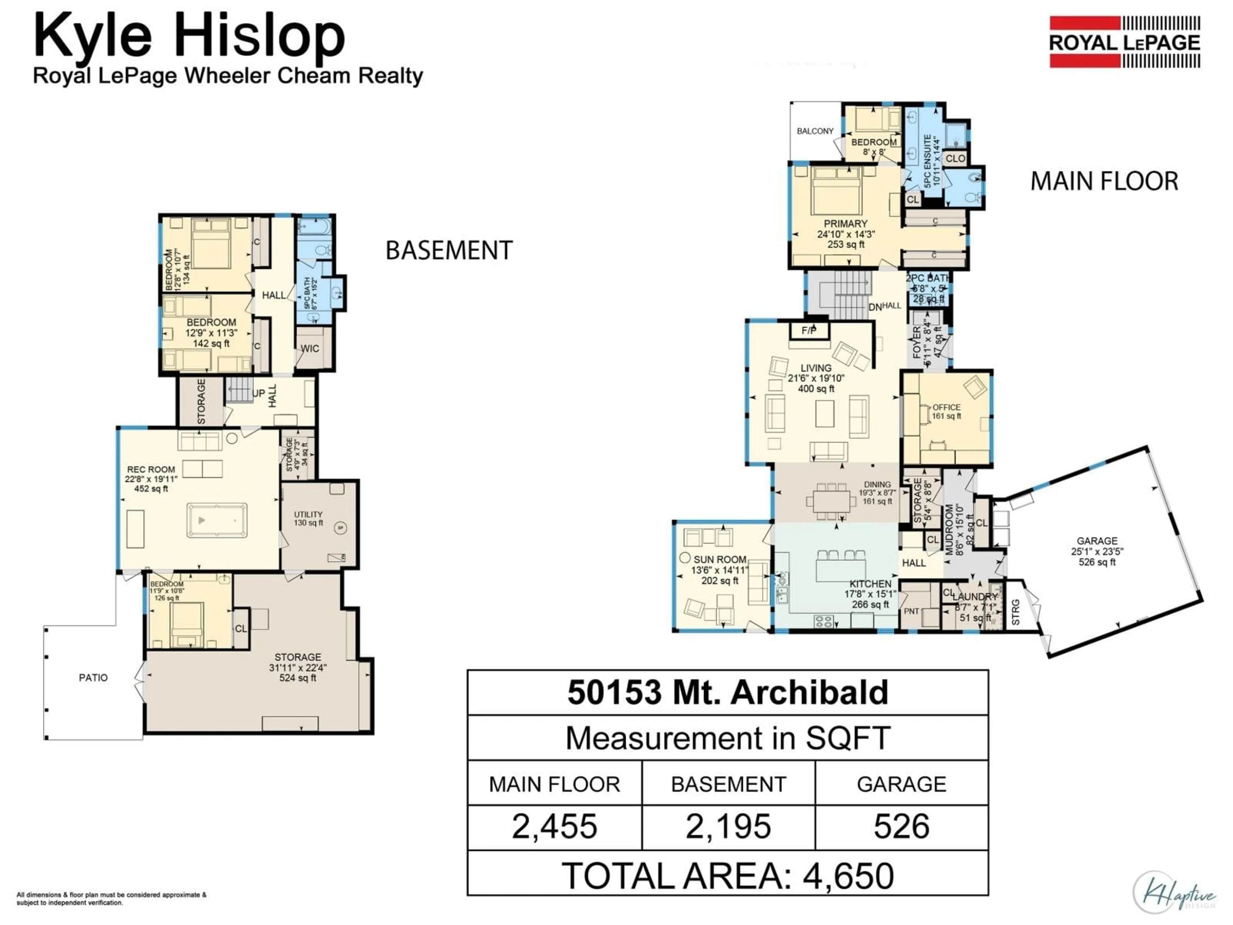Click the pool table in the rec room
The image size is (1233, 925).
(x=217, y=520)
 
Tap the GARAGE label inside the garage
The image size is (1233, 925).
(x=1097, y=541)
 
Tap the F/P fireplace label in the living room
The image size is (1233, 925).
(x=809, y=330)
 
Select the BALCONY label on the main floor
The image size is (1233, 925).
(x=815, y=131)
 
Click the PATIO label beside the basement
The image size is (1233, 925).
(x=93, y=677)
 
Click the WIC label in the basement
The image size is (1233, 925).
(x=310, y=348)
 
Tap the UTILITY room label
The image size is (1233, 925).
(x=308, y=515)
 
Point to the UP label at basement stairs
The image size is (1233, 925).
(x=258, y=393)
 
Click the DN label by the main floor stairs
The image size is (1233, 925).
(x=875, y=307)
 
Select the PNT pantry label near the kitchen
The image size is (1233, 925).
(x=911, y=611)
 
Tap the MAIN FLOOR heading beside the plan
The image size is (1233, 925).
(x=1104, y=181)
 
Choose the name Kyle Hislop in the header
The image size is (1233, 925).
(x=189, y=36)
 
